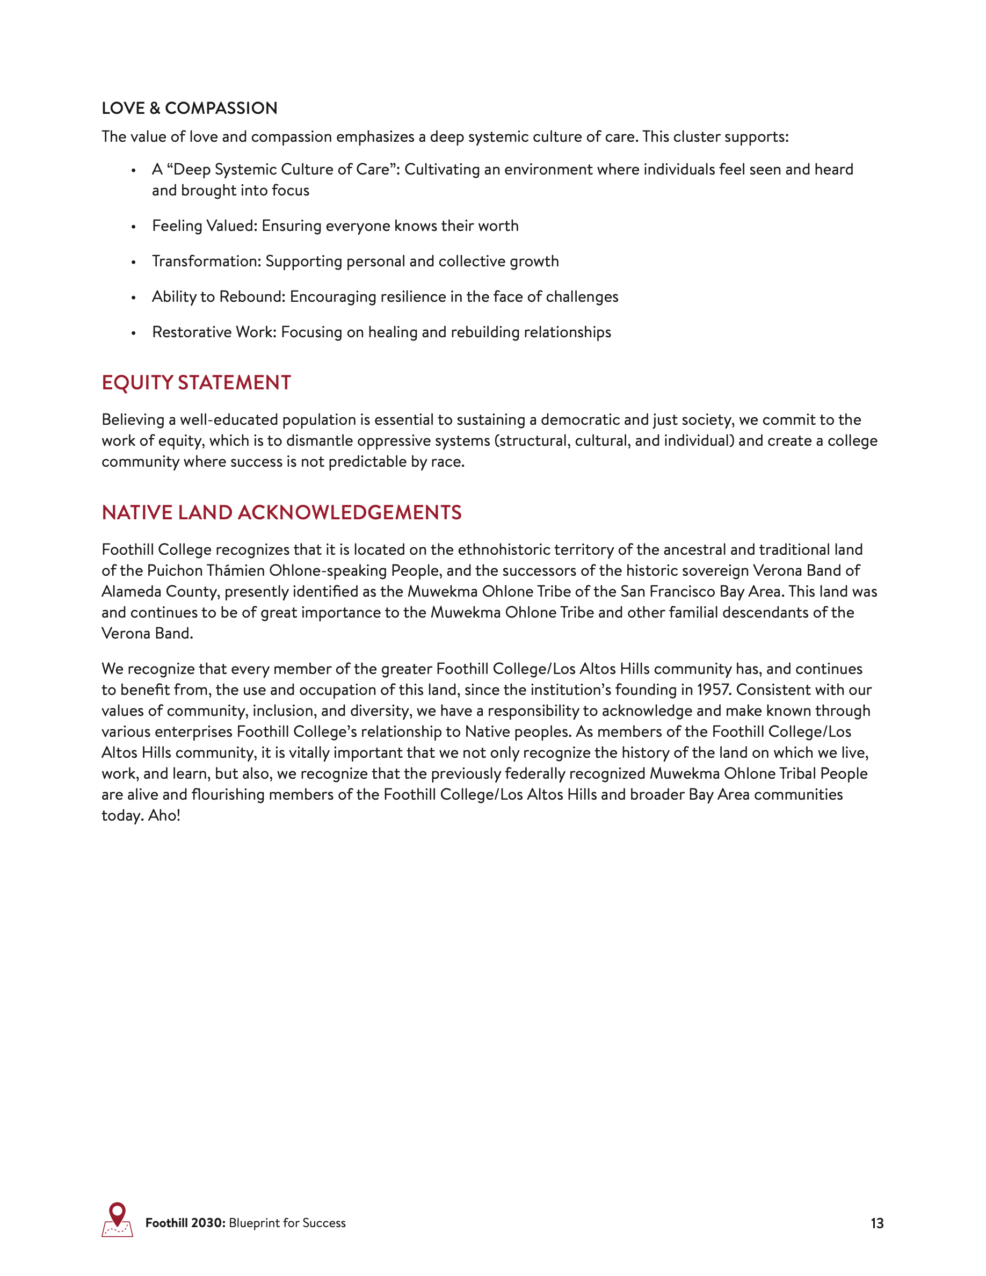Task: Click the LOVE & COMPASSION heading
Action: [189, 108]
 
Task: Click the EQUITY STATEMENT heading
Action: [196, 383]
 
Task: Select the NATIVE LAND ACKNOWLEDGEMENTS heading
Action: [281, 512]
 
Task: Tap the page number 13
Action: [877, 1223]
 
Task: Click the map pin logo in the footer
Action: [118, 1219]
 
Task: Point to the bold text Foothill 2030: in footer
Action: [185, 1223]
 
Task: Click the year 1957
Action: [713, 690]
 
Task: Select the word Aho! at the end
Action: [164, 816]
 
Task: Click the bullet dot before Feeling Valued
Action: [134, 227]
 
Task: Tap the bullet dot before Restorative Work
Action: [134, 333]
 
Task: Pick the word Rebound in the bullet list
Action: [252, 297]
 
